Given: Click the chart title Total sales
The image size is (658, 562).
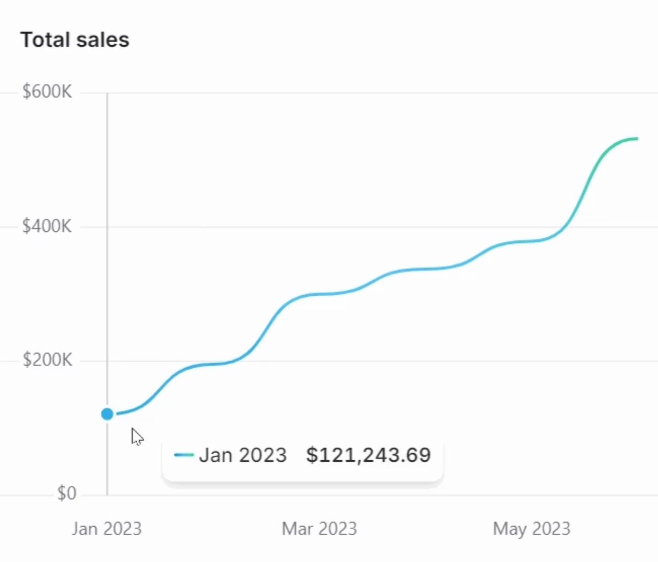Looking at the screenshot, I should coord(75,40).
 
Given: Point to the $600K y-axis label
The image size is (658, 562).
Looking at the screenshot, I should coord(47,91).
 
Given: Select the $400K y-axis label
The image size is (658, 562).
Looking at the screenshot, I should coord(47,226).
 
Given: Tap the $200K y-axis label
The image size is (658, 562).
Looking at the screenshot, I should coord(47,360).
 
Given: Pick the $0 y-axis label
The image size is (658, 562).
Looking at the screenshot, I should coord(66,493).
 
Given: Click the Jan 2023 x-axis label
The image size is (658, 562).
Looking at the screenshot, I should coord(107,529).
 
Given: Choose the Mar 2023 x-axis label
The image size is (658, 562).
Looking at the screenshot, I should coord(319,529).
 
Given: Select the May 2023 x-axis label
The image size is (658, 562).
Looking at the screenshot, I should coord(532,529).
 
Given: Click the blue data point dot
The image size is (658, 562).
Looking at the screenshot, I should coord(107,414).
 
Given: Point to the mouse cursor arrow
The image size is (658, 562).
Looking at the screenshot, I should coord(136,436).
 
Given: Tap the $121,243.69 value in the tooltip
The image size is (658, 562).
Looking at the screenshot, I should coord(368,455).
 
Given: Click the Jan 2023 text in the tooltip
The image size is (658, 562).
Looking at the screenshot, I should coord(243,455).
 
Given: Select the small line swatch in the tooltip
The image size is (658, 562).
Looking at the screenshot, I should coord(184,455).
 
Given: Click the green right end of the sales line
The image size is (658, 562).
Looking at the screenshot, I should coord(632,139).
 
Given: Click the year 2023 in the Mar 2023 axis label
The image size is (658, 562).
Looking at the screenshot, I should coord(338,529).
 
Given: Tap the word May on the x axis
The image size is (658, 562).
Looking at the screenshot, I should coord(510,529).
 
